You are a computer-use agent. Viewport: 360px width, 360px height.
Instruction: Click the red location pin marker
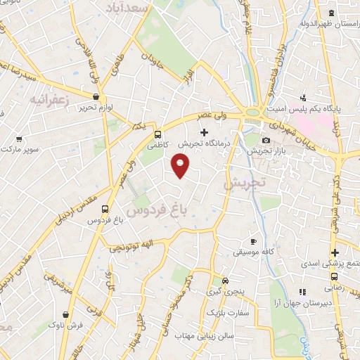click(181, 165)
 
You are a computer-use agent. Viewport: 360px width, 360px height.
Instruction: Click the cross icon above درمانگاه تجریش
click(205, 131)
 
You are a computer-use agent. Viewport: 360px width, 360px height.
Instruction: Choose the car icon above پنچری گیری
click(224, 279)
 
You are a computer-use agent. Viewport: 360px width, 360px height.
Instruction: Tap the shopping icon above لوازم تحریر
click(96, 97)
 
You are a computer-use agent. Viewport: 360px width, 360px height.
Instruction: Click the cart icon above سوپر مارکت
click(19, 139)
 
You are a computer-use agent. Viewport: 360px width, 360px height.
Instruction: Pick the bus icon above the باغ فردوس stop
click(105, 209)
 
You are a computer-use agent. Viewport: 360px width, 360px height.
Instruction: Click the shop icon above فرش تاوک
click(65, 314)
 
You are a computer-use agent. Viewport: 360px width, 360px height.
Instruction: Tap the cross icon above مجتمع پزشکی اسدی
click(335, 252)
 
